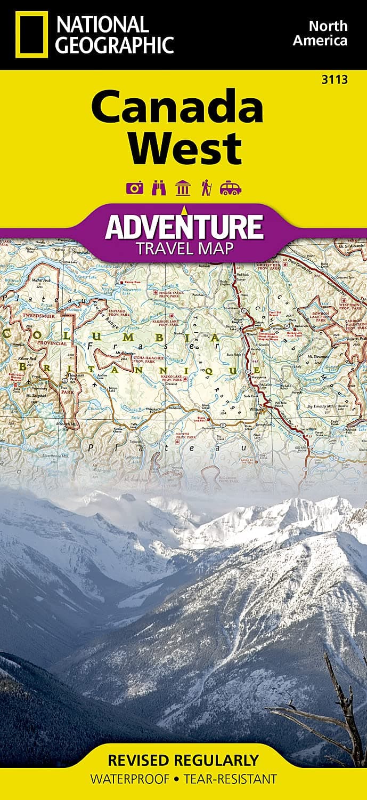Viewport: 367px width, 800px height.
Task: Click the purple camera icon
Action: (135, 187)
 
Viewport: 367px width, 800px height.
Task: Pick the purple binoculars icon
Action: (159, 187)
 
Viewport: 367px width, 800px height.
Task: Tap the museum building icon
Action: (183, 187)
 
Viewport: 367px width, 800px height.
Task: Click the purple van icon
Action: (230, 188)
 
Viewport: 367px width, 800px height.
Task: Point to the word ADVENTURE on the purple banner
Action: (184, 227)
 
